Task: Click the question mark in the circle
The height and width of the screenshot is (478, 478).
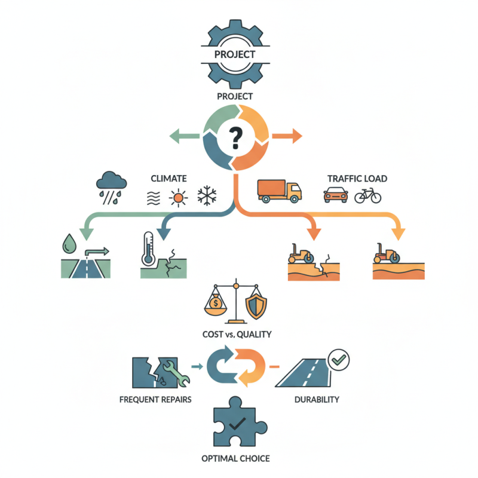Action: (237, 138)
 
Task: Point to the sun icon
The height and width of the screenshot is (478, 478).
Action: (178, 196)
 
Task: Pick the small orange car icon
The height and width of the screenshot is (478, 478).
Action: (335, 195)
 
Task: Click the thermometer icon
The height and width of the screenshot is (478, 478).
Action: (148, 249)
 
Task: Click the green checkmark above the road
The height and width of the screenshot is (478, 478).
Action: (339, 360)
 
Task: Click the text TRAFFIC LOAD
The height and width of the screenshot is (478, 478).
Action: (357, 178)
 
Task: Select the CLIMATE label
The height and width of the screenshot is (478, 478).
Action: (169, 178)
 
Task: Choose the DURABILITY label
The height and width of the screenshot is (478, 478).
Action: (318, 399)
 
